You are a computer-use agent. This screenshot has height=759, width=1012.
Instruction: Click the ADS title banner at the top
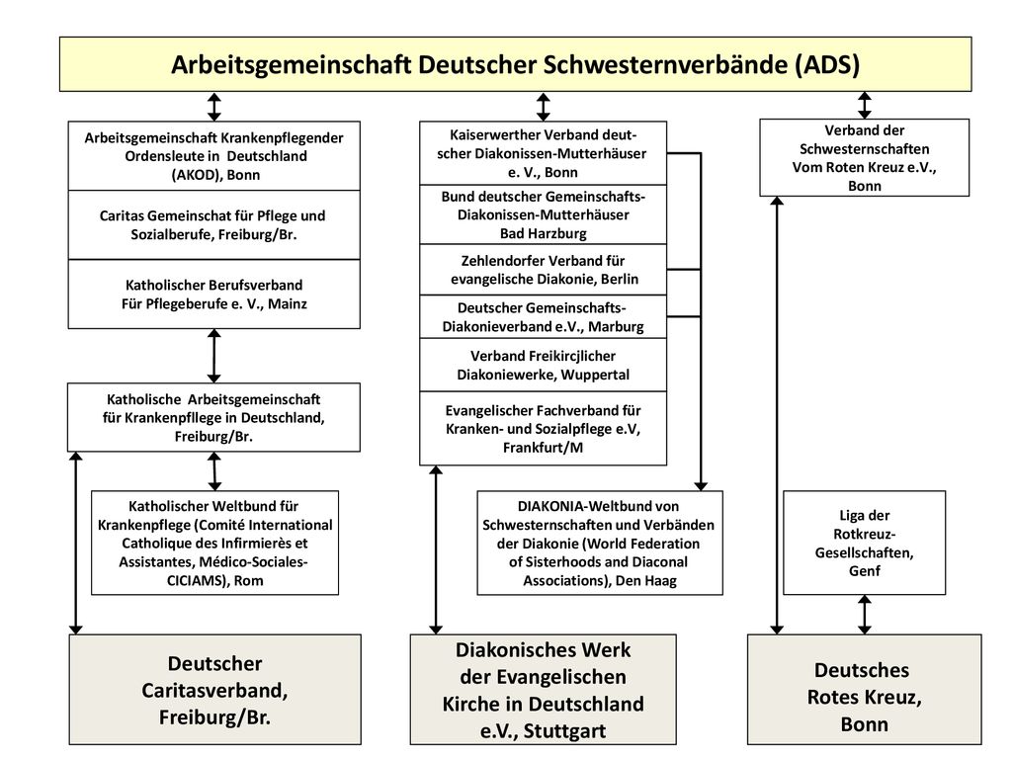(515, 64)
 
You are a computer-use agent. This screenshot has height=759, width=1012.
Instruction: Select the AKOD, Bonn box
(214, 155)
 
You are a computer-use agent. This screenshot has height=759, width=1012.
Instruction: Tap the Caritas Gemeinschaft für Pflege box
(214, 224)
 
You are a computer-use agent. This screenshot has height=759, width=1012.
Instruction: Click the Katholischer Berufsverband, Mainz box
(214, 294)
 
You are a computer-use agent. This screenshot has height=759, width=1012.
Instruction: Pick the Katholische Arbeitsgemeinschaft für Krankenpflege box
(213, 418)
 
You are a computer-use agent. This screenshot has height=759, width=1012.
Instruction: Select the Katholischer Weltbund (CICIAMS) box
(214, 543)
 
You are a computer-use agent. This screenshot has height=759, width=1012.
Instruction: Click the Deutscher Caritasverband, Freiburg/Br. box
(214, 689)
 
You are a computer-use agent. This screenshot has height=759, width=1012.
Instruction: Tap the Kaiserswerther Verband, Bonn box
(543, 153)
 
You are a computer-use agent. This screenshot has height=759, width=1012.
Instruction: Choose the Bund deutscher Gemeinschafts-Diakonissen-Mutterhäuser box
(543, 214)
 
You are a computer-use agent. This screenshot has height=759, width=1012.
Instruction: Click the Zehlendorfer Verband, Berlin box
(543, 270)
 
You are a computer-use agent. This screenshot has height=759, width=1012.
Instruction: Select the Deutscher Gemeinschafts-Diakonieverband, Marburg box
(543, 317)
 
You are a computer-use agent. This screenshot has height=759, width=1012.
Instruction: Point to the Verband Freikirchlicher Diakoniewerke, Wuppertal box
(543, 365)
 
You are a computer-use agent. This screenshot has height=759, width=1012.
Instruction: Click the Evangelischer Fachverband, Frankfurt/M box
(543, 429)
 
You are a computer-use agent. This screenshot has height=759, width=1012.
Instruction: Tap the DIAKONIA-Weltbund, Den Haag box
(600, 543)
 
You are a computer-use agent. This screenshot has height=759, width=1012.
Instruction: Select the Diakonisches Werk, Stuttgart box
(543, 689)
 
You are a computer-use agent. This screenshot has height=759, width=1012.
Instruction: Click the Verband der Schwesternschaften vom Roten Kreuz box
(864, 157)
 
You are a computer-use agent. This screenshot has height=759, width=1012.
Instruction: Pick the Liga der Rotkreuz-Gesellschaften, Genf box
(864, 543)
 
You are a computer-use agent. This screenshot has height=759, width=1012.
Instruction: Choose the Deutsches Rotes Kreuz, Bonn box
(864, 689)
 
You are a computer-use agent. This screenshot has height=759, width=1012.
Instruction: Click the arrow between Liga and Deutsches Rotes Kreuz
(864, 615)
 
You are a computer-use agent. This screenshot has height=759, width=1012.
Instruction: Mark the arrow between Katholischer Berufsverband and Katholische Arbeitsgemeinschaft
(214, 356)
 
